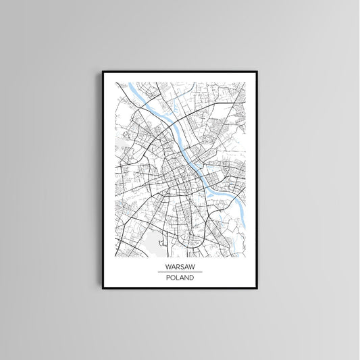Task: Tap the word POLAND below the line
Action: coord(179,277)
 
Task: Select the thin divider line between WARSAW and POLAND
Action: coord(179,272)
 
